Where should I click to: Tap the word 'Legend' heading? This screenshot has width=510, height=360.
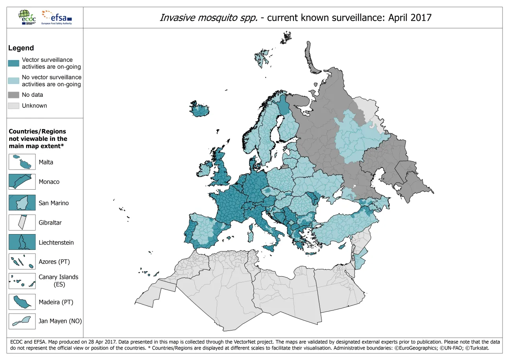click(x=21, y=48)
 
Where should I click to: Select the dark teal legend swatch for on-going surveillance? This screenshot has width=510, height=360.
click(x=14, y=63)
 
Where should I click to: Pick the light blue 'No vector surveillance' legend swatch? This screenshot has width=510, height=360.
click(x=14, y=81)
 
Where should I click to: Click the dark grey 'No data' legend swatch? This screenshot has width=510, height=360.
click(x=14, y=95)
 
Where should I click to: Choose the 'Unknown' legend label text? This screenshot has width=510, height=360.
click(x=34, y=105)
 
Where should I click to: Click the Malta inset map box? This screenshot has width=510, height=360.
click(x=22, y=162)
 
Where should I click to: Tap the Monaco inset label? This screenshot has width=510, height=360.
click(x=48, y=182)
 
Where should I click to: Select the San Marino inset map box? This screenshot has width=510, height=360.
click(x=22, y=202)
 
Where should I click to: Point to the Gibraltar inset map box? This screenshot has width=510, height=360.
click(x=22, y=222)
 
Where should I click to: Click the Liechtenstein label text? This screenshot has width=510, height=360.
click(x=56, y=242)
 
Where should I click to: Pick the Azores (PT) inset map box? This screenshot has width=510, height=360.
click(x=22, y=261)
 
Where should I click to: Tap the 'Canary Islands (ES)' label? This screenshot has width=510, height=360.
click(x=58, y=281)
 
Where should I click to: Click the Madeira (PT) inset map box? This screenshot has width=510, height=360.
click(x=22, y=302)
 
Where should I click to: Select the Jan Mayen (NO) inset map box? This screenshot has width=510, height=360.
click(x=22, y=321)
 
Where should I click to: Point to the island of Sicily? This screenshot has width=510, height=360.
click(x=271, y=247)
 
